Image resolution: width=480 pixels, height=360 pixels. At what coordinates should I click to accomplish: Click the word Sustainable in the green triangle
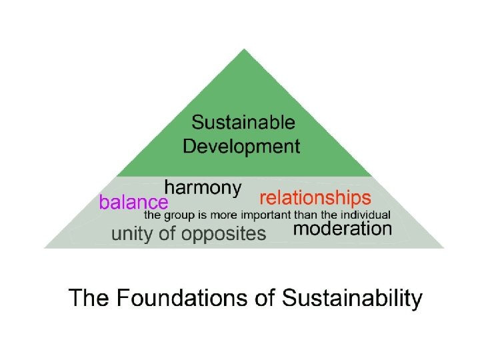coord(243,123)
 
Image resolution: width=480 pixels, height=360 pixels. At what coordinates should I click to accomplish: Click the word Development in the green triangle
coord(241,146)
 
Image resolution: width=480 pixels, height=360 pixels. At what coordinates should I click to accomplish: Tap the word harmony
coord(203,188)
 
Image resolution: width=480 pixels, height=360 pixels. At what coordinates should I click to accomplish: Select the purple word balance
coord(133,201)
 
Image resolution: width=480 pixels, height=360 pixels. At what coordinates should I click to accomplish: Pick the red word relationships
coord(315,198)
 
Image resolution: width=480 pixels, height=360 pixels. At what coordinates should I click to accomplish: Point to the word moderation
coord(342,230)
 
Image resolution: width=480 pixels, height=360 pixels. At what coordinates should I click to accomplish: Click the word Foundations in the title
coord(185,297)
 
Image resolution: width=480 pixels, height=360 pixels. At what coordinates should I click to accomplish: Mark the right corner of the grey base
coord(443,247)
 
